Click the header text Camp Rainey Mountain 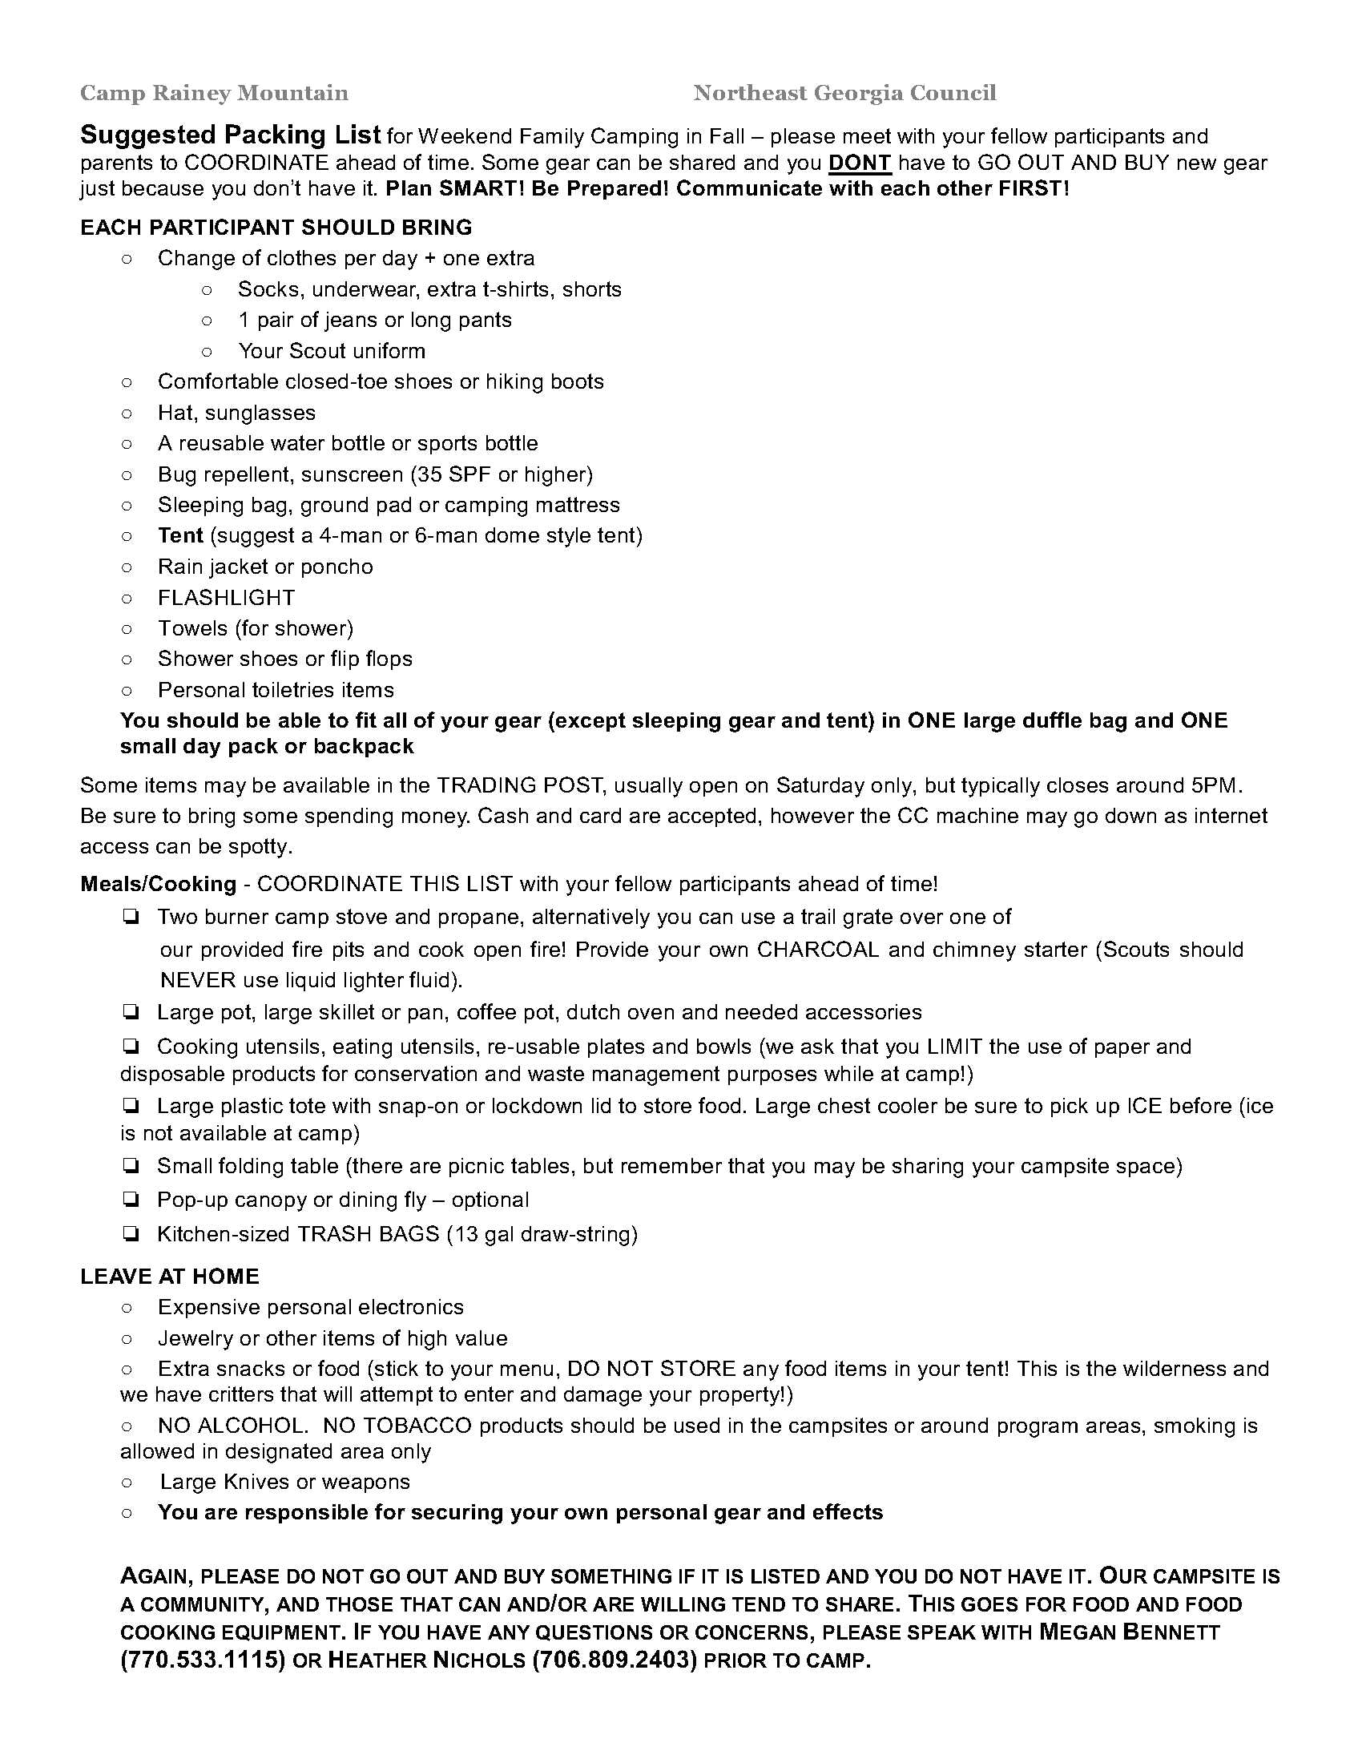214,94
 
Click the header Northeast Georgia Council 844,94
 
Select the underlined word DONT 860,163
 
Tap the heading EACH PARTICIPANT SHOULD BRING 276,228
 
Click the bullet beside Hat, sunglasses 127,414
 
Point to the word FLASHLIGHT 226,598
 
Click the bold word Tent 180,536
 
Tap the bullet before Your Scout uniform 207,351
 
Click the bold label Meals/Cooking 158,884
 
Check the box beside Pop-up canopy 130,1200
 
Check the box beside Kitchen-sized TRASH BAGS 130,1234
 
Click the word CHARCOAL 816,950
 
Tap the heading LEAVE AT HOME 169,1277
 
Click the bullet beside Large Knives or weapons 127,1482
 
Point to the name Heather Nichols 428,1660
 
